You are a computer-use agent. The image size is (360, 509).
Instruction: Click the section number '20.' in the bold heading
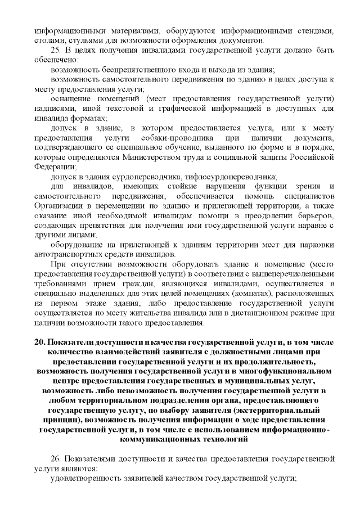(39, 343)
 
